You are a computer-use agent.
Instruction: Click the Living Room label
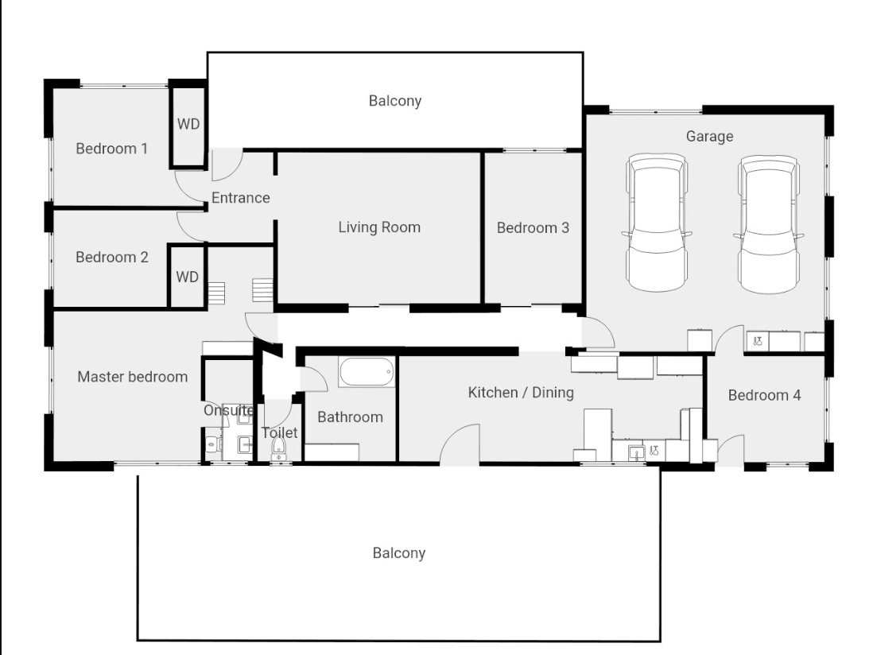tap(379, 227)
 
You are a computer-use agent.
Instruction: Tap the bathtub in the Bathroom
tap(367, 372)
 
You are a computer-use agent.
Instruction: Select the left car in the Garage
tap(657, 223)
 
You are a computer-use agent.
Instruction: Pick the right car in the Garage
tap(769, 223)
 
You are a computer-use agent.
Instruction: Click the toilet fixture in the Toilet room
tap(278, 448)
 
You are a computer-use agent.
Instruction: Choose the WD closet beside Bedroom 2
tap(187, 277)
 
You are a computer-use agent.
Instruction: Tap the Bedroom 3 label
tap(533, 227)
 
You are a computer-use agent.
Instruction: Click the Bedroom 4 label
tap(764, 395)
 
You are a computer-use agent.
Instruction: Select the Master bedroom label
tap(133, 377)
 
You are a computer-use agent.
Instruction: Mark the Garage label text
tap(709, 137)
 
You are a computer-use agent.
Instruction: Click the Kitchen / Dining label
tap(521, 393)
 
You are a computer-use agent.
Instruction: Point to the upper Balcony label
tap(395, 101)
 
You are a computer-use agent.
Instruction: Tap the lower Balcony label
tap(399, 553)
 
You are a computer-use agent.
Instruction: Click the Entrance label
tap(241, 198)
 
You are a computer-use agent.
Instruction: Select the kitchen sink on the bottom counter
tap(636, 453)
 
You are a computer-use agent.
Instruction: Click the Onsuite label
tap(229, 410)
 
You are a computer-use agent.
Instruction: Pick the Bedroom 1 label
tap(111, 149)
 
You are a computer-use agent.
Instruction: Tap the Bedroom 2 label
tap(112, 257)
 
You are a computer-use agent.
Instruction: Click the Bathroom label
tap(350, 417)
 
